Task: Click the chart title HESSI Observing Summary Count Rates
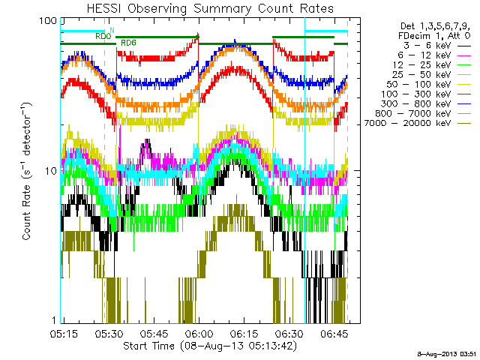[x=210, y=8]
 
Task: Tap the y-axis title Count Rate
[x=26, y=212]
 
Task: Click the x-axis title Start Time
[x=149, y=346]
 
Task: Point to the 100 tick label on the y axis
[x=48, y=21]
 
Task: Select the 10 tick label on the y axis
[x=51, y=171]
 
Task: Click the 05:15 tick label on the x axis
[x=64, y=333]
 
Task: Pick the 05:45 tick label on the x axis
[x=154, y=333]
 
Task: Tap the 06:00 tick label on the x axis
[x=199, y=333]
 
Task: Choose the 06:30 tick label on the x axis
[x=289, y=333]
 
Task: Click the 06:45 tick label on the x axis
[x=334, y=333]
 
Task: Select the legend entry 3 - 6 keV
[x=427, y=46]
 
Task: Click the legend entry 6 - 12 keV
[x=424, y=55]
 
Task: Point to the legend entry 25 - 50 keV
[x=421, y=75]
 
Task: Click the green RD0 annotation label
[x=103, y=37]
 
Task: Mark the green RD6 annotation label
[x=128, y=43]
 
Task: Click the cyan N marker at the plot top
[x=112, y=30]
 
